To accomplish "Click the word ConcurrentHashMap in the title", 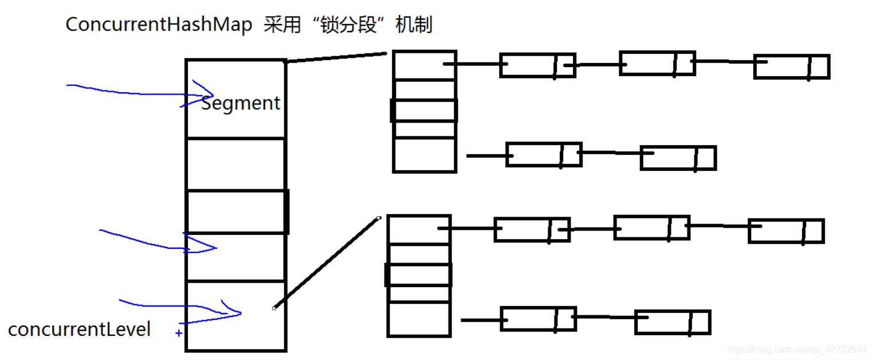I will [x=159, y=25].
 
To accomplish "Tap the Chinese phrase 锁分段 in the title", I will [x=349, y=25].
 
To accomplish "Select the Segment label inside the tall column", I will [x=241, y=103].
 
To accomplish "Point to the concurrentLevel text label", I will [x=80, y=330].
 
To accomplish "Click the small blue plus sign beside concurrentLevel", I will [x=179, y=332].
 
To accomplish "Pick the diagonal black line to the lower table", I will [x=327, y=263].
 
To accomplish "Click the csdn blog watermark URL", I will [x=796, y=350].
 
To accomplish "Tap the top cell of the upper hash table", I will [x=424, y=65].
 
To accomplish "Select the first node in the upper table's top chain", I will [x=537, y=65].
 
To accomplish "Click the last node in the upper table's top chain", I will [x=791, y=66].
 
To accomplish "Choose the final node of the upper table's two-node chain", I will [x=678, y=158].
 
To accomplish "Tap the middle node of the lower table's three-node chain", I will [x=651, y=228].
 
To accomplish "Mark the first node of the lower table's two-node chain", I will [x=538, y=319].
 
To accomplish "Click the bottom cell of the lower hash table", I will [x=418, y=319].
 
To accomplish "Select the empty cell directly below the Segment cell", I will [x=235, y=164].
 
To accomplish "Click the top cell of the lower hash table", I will [x=418, y=229].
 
